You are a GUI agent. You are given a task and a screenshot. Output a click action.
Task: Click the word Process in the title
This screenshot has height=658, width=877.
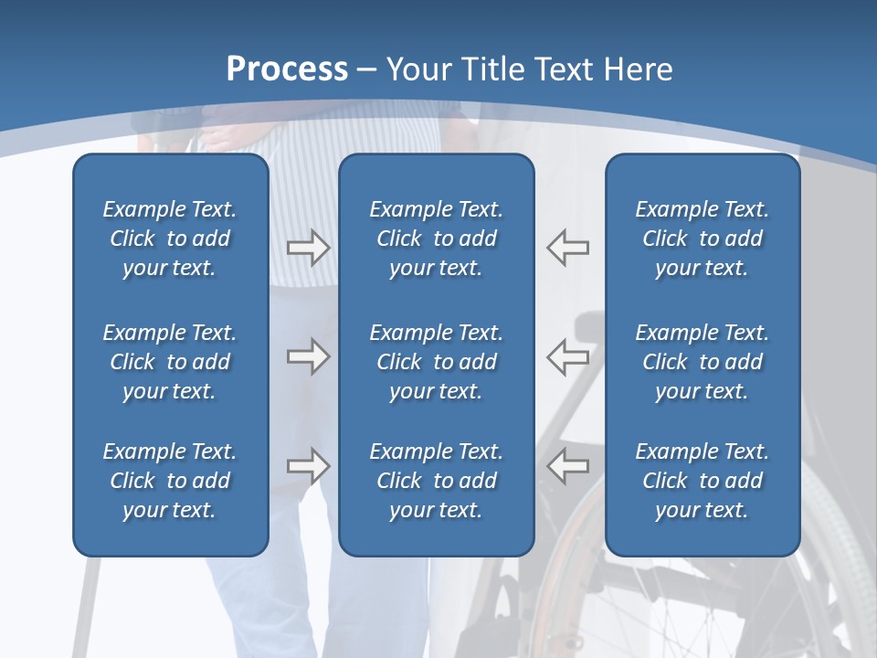(287, 69)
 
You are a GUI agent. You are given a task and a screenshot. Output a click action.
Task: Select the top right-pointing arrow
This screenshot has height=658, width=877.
(308, 248)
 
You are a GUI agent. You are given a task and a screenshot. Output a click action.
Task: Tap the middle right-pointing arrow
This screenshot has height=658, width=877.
(308, 356)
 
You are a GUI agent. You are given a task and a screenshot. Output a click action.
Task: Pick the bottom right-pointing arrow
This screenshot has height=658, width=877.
(308, 466)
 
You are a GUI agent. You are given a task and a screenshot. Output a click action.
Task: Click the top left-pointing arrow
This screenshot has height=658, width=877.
(567, 248)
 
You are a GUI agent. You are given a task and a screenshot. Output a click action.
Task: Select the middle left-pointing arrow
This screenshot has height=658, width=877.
(567, 356)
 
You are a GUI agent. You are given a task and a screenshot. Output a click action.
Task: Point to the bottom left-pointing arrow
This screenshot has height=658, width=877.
(567, 466)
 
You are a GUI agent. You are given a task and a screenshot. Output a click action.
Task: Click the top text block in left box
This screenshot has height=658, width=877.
(170, 239)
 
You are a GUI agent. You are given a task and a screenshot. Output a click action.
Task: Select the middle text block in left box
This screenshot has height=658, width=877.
(170, 362)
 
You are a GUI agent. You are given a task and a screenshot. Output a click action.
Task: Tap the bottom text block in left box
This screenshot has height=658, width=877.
(170, 481)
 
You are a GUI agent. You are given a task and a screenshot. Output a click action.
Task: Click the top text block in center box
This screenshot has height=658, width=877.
(436, 239)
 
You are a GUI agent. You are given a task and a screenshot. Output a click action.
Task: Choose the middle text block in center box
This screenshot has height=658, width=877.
(436, 362)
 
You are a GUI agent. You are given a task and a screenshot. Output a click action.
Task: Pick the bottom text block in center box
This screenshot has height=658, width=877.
(436, 481)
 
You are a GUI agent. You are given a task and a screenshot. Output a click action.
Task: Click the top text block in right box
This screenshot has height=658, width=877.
(702, 239)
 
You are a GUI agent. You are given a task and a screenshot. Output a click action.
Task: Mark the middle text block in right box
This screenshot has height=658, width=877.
(702, 362)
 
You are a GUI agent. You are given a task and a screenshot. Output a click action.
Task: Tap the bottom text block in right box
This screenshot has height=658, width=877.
(702, 481)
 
